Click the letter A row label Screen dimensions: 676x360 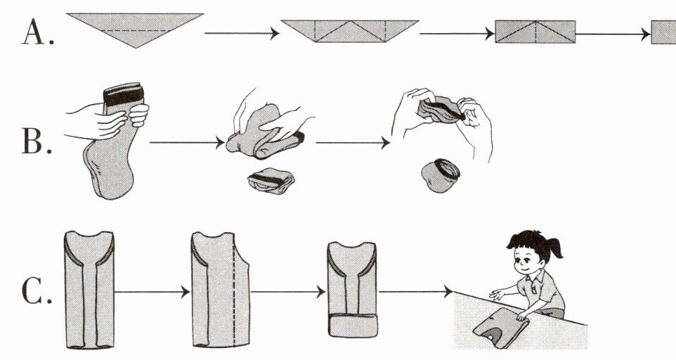[x=38, y=33]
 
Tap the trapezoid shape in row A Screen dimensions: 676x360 [x=350, y=31]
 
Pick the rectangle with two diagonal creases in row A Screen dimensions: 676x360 [x=535, y=32]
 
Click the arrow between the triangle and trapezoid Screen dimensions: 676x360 [x=242, y=33]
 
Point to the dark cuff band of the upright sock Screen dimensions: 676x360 [x=123, y=94]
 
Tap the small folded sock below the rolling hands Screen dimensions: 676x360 [x=271, y=180]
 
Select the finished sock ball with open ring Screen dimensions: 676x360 [x=440, y=175]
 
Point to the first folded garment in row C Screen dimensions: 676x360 [x=89, y=290]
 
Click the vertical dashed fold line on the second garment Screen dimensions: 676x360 [x=234, y=290]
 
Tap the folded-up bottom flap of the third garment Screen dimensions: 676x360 [x=353, y=326]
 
